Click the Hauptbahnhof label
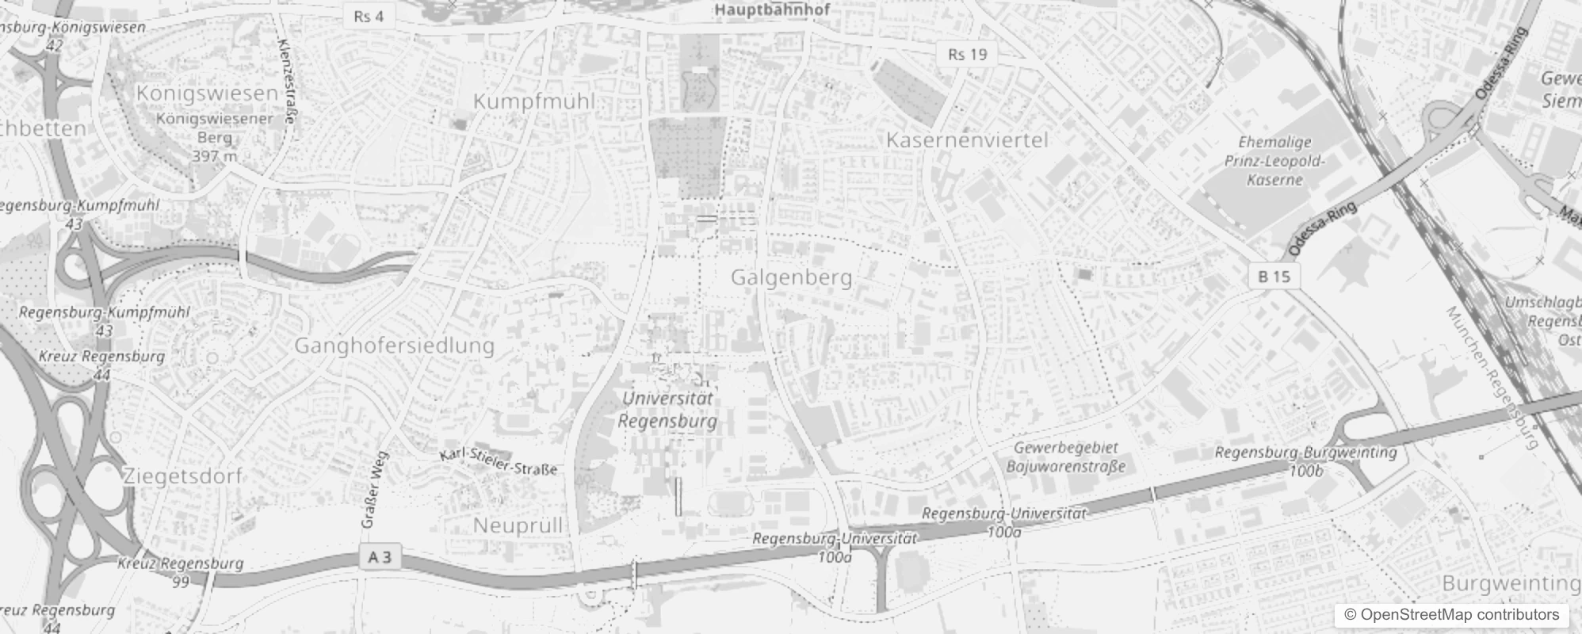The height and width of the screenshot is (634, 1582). tap(772, 10)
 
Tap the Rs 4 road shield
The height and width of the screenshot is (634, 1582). tap(369, 17)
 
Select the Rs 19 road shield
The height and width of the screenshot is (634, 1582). tap(968, 54)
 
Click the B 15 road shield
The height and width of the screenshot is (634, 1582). tap(1274, 277)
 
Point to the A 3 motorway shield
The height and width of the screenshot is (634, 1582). tap(380, 557)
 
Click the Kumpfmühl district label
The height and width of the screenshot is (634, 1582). tap(533, 101)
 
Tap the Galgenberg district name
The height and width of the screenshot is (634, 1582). tap(791, 277)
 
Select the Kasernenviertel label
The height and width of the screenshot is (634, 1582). tap(966, 140)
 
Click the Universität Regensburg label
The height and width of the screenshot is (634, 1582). tap(667, 410)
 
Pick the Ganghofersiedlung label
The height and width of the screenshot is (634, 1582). tap(394, 346)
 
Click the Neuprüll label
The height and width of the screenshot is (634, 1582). tap(518, 525)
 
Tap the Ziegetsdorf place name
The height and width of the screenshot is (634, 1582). tap(182, 476)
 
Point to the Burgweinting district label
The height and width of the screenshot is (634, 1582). tap(1511, 583)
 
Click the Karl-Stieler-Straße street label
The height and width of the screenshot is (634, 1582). tap(499, 461)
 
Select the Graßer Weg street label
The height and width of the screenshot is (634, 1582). tap(373, 490)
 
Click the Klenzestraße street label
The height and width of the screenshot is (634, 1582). tap(287, 82)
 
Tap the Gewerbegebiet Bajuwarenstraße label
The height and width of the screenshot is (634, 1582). tap(1065, 457)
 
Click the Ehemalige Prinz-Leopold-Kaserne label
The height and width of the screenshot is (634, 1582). tap(1274, 161)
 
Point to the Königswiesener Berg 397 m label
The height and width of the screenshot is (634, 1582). tap(214, 137)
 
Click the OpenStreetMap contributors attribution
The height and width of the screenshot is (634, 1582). tap(1451, 614)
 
